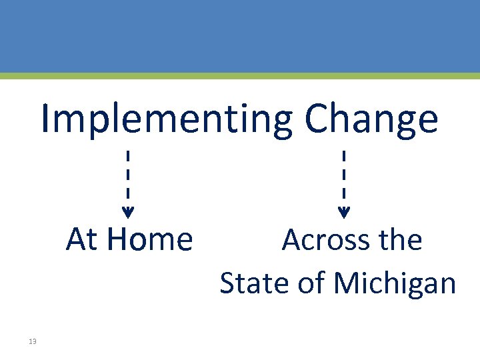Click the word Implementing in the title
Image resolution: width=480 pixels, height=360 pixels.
tap(167, 120)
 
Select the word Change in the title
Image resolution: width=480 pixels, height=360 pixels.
tap(371, 120)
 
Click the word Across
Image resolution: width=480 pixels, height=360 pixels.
tap(324, 239)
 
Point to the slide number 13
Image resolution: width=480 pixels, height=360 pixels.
tap(33, 342)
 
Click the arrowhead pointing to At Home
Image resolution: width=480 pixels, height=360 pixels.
tap(128, 213)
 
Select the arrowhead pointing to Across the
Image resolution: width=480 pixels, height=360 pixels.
tap(343, 213)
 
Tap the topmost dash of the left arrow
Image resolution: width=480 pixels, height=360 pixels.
tap(128, 158)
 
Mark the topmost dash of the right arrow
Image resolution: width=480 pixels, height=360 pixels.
tap(343, 158)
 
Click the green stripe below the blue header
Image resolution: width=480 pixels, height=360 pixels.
tap(240, 76)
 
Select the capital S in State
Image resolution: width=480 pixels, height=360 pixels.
tap(228, 283)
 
